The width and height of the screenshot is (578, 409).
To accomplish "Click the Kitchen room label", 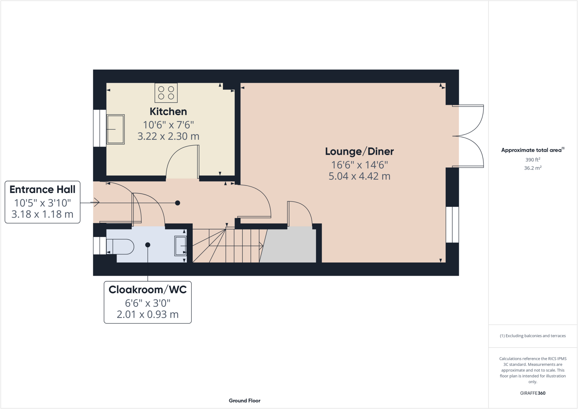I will [168, 111].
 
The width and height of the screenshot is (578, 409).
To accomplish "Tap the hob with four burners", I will [166, 93].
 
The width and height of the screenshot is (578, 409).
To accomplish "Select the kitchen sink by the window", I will [115, 129].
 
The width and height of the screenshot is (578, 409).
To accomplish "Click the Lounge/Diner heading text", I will [359, 152].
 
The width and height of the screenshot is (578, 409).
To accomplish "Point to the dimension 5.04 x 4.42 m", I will [359, 176].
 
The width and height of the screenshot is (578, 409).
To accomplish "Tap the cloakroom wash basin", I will [180, 246].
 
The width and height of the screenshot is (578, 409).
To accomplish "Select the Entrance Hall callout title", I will [42, 189].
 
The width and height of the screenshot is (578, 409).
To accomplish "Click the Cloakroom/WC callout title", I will [148, 290].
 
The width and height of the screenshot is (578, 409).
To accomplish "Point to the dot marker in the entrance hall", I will [178, 203].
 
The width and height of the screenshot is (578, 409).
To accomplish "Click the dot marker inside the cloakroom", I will [148, 245].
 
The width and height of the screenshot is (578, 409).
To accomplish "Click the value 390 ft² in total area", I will [533, 159].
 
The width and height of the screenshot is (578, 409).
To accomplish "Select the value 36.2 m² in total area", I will [533, 168].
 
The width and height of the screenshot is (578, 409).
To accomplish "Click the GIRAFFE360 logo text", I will [533, 393].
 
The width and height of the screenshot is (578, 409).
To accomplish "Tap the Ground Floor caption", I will [244, 401].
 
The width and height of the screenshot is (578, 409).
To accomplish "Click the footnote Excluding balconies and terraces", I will [533, 336].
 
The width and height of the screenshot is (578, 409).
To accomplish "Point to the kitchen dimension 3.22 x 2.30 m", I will [168, 136].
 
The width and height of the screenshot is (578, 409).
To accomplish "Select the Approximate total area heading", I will [532, 150].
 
